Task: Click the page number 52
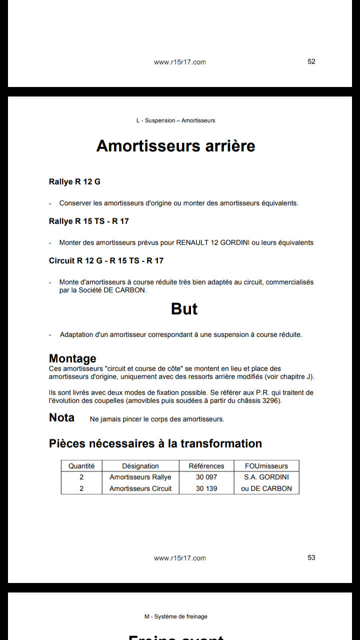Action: [x=311, y=61]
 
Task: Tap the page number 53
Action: [x=311, y=557]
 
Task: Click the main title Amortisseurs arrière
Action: [x=175, y=146]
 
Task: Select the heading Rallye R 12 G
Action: [x=74, y=181]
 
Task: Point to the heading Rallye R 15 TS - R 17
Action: [x=89, y=221]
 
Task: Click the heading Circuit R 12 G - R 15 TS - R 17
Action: [x=106, y=260]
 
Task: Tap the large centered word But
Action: [x=184, y=309]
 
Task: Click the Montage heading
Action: [x=72, y=358]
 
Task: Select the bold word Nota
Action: [x=61, y=418]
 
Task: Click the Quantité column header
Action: [x=81, y=466]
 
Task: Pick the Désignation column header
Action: [x=140, y=466]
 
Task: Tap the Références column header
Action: [x=206, y=466]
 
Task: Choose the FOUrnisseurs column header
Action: [x=266, y=466]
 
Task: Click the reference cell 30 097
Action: [x=206, y=477]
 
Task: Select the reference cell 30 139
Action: [x=206, y=488]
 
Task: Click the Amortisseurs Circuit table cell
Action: [x=140, y=488]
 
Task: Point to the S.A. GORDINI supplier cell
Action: [x=266, y=477]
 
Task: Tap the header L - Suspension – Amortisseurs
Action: [x=175, y=120]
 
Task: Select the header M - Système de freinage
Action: [x=175, y=616]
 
